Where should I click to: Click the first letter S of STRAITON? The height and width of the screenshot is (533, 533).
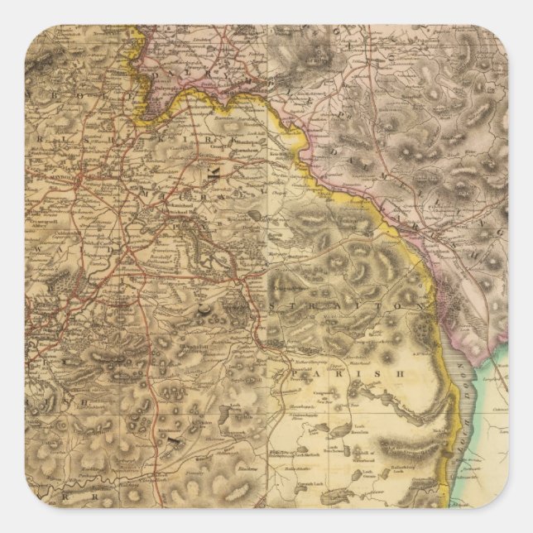[271, 306]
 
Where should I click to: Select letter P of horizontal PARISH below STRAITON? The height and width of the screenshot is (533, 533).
[295, 374]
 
